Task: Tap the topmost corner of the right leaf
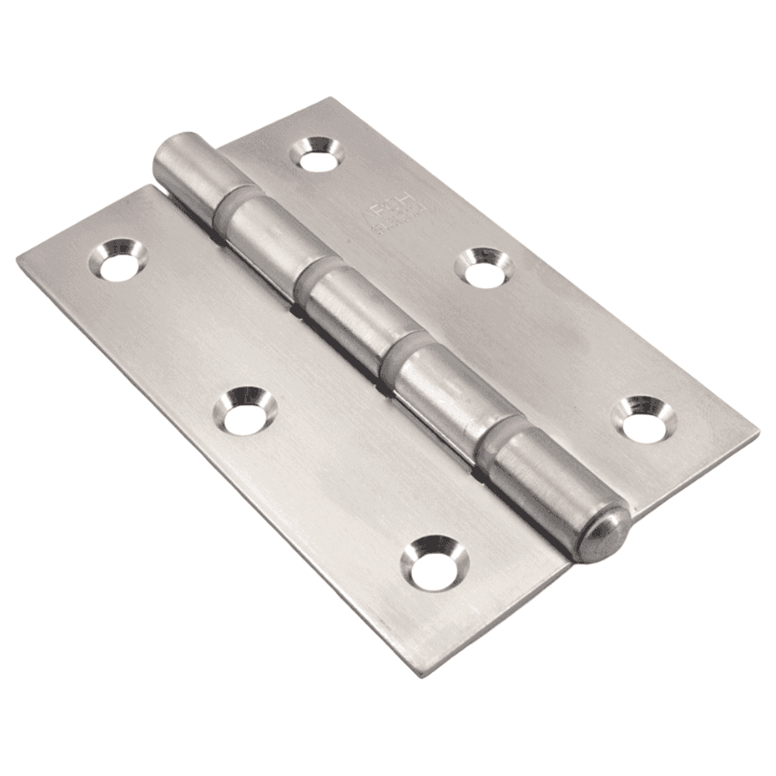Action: [x=332, y=98]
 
